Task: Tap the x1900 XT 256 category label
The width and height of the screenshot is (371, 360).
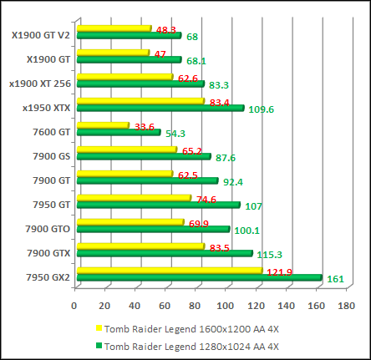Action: (40, 83)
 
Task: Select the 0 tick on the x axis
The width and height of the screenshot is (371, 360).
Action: (75, 306)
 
